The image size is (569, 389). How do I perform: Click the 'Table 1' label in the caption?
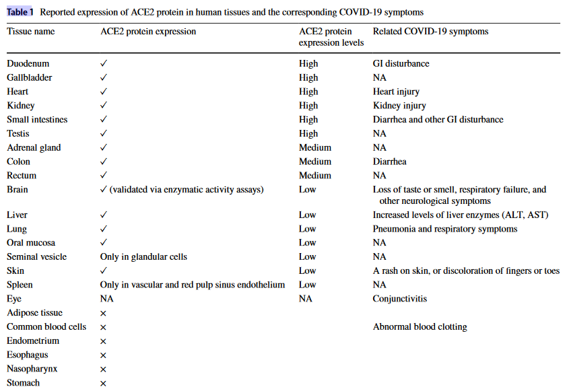pyautogui.click(x=20, y=12)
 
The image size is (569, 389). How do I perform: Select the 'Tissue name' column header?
pyautogui.click(x=31, y=32)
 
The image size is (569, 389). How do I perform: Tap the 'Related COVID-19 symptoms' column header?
pyautogui.click(x=430, y=32)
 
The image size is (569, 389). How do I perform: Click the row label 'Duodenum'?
pyautogui.click(x=28, y=63)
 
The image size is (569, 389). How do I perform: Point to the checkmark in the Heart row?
pyautogui.click(x=104, y=92)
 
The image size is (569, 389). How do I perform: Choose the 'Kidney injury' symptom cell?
pyautogui.click(x=399, y=106)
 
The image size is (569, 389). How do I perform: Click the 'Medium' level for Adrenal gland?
pyautogui.click(x=315, y=147)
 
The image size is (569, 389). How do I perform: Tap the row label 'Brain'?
pyautogui.click(x=18, y=190)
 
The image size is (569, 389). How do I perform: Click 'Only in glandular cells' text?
pyautogui.click(x=143, y=256)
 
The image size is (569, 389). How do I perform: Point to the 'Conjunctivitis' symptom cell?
pyautogui.click(x=400, y=299)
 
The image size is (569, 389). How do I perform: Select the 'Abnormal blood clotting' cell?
pyautogui.click(x=420, y=327)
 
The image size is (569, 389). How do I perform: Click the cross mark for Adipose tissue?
pyautogui.click(x=103, y=313)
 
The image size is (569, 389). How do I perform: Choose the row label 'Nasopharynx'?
pyautogui.click(x=32, y=369)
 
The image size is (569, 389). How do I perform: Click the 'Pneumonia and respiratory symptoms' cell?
pyautogui.click(x=445, y=229)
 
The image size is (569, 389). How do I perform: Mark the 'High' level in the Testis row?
pyautogui.click(x=308, y=133)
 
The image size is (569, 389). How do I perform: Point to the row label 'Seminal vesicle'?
pyautogui.click(x=36, y=256)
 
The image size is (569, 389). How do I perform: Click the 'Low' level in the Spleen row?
pyautogui.click(x=308, y=285)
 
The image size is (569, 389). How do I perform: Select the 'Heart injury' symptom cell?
pyautogui.click(x=396, y=92)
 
